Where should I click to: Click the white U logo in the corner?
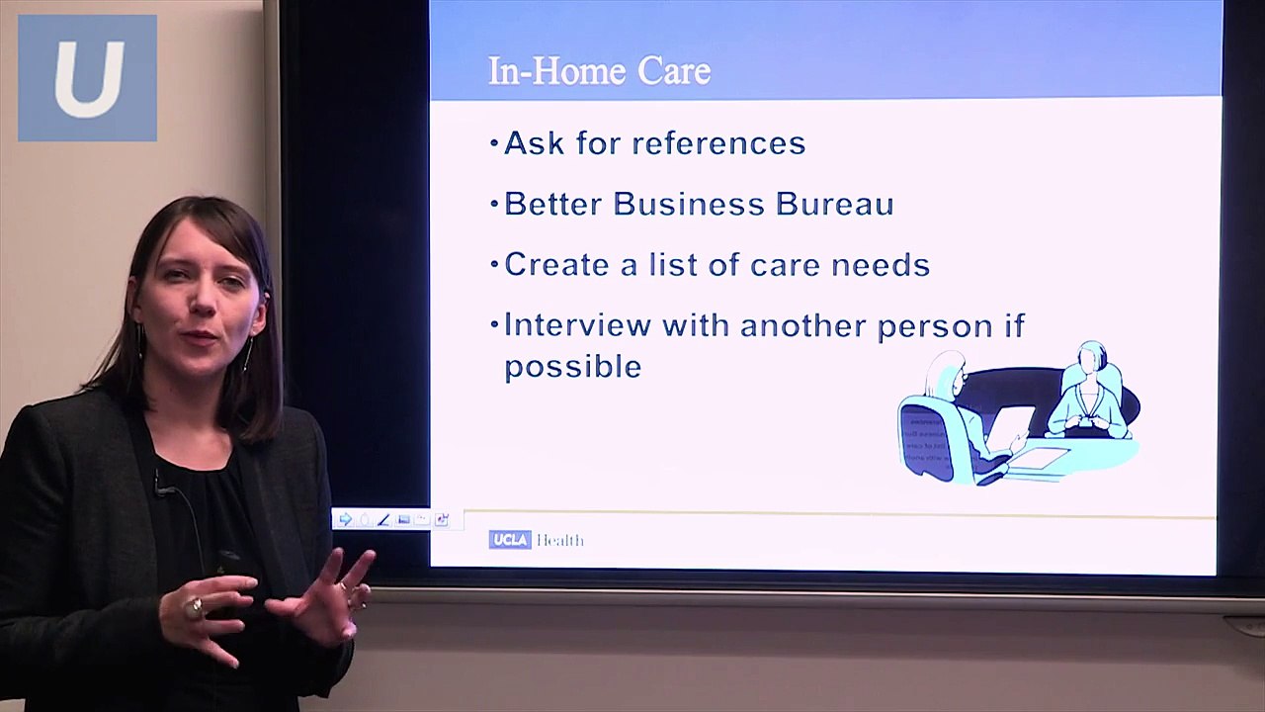[88, 79]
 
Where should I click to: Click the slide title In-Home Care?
[599, 71]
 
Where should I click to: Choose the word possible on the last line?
[573, 367]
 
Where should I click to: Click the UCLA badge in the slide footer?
[509, 540]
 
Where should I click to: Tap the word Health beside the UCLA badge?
[560, 540]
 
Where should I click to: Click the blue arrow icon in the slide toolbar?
[345, 519]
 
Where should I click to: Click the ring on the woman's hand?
[196, 605]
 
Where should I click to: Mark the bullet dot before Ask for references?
[494, 144]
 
